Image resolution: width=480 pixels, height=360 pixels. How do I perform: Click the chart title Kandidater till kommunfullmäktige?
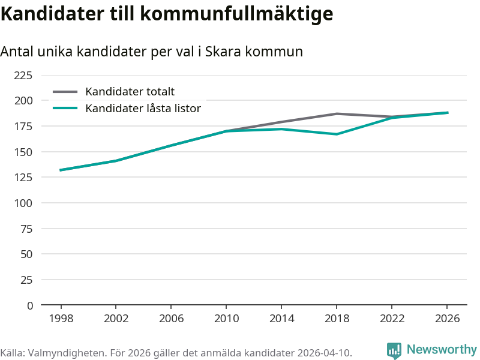pos(167,14)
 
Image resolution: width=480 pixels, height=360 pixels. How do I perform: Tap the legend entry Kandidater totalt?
pos(130,92)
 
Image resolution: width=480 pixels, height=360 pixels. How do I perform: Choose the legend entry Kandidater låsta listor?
pos(143,109)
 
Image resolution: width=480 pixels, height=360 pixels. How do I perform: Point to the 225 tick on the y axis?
pos(23,76)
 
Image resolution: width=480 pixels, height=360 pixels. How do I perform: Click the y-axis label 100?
pos(23,203)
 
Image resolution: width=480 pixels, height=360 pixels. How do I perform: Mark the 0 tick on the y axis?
pos(29,305)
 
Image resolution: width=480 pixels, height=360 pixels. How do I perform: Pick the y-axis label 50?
pos(26,254)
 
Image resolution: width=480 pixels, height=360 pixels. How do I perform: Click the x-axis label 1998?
pos(61,319)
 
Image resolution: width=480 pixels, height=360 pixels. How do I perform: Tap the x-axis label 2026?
pos(447,319)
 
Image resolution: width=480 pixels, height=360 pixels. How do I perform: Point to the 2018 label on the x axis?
pos(337,319)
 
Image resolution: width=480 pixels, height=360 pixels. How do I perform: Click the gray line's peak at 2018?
pos(337,114)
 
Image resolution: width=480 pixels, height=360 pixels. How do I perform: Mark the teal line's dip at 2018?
pos(337,134)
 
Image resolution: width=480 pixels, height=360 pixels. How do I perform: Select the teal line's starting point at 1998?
pos(61,170)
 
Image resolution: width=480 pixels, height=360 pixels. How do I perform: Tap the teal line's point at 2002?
pos(116,161)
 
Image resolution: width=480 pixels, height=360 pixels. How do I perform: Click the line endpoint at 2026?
pos(448,113)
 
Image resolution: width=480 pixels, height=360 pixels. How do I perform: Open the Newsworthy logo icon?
pos(394,350)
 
